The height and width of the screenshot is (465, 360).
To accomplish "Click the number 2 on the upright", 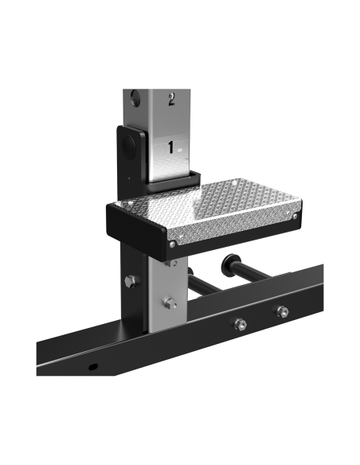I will (170, 100).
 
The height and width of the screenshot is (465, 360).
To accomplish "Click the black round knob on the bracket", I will (127, 147).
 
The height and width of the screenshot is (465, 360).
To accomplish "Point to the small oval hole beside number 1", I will (181, 149).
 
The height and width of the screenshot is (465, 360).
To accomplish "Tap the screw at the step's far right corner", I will (295, 216).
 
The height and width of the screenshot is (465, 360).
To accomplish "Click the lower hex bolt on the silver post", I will (169, 303).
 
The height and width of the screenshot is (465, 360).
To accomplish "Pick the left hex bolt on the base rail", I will (240, 323).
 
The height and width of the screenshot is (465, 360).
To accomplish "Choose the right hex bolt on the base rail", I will (282, 312).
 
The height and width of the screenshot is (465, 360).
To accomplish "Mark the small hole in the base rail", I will (92, 367).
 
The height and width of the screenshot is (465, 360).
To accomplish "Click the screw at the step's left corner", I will (112, 205).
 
